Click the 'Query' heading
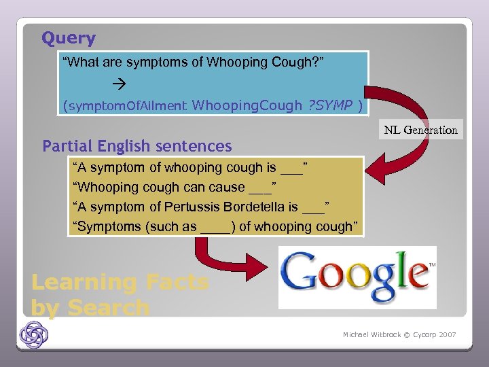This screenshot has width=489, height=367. (x=69, y=39)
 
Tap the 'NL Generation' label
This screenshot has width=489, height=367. (x=420, y=130)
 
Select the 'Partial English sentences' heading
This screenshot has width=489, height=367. (x=137, y=146)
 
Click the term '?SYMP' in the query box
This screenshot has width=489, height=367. (x=329, y=105)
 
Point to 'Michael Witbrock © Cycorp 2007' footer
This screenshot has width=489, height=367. (x=399, y=335)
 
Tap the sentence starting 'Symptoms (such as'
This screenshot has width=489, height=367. (x=215, y=226)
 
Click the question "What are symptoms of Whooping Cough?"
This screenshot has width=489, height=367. (x=194, y=63)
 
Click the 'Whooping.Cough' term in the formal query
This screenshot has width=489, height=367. (x=247, y=105)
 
